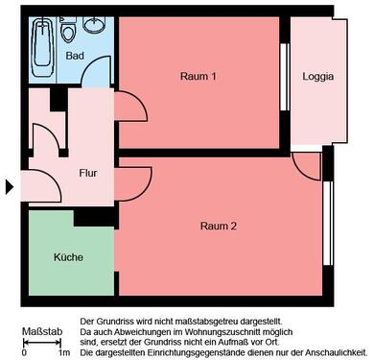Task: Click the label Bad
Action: click(x=75, y=57)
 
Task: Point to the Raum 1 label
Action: click(x=199, y=76)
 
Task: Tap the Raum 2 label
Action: click(x=218, y=226)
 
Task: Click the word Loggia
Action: click(x=317, y=77)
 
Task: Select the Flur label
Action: click(x=88, y=173)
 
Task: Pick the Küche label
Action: click(x=68, y=257)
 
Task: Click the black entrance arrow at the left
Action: click(x=11, y=186)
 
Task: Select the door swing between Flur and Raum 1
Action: click(x=131, y=105)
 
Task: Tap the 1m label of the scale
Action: click(x=64, y=355)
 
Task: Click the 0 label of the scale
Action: click(x=22, y=355)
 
